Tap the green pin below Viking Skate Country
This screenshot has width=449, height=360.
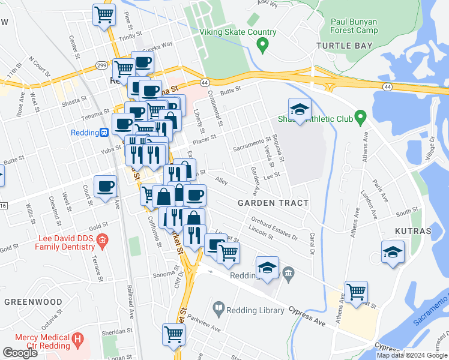[x=262, y=44]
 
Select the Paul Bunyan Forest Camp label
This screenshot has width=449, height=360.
[x=354, y=26]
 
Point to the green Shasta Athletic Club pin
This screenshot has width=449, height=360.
[x=360, y=116]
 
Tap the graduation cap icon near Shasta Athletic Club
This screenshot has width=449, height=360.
[x=300, y=110]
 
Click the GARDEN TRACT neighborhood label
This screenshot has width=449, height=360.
[x=273, y=203]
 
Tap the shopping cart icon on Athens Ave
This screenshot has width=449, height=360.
[x=357, y=292]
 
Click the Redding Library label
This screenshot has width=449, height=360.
[x=255, y=310]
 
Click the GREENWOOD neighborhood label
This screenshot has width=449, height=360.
[x=33, y=301]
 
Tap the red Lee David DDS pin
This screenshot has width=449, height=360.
[x=102, y=242]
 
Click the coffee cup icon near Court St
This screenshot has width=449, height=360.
[x=106, y=186]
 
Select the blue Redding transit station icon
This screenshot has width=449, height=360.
[x=104, y=132]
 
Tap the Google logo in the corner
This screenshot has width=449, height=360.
[x=20, y=352]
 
